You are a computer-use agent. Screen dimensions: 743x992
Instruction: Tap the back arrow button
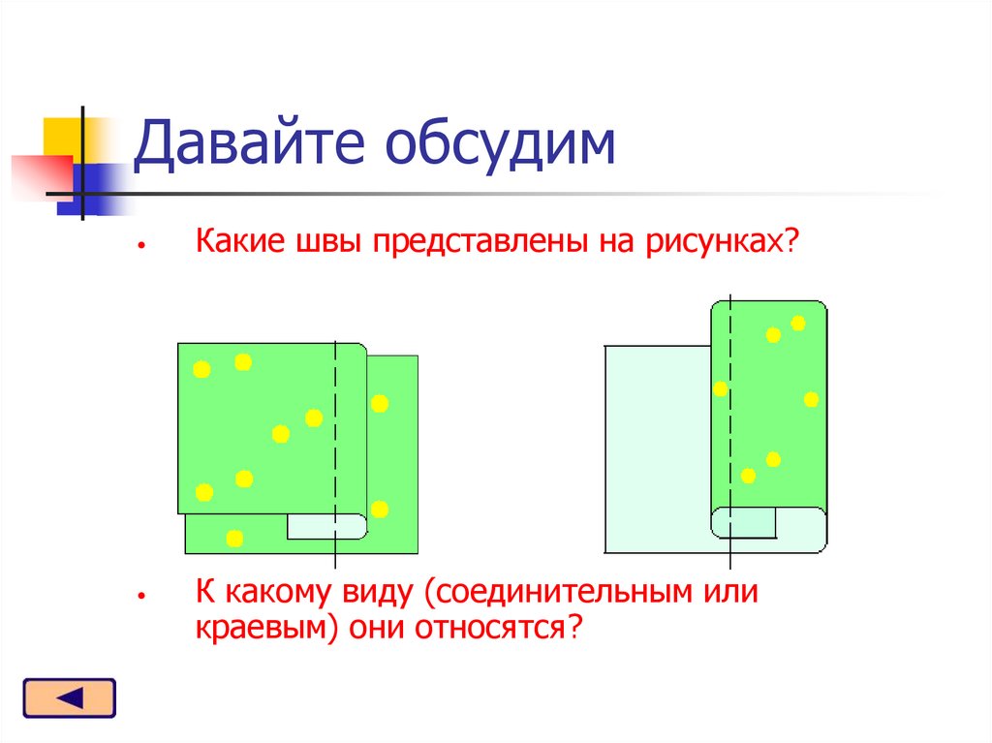(69, 698)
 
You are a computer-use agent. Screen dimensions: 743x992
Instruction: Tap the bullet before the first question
(140, 246)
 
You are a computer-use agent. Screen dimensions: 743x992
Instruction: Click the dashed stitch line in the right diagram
(729, 436)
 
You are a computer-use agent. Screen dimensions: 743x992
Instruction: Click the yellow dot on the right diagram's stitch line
(720, 389)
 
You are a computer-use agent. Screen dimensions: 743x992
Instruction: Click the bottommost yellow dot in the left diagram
(234, 538)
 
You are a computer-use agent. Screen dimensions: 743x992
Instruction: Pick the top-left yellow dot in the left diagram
(201, 369)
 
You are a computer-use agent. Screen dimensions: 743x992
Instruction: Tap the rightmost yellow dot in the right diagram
(811, 399)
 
